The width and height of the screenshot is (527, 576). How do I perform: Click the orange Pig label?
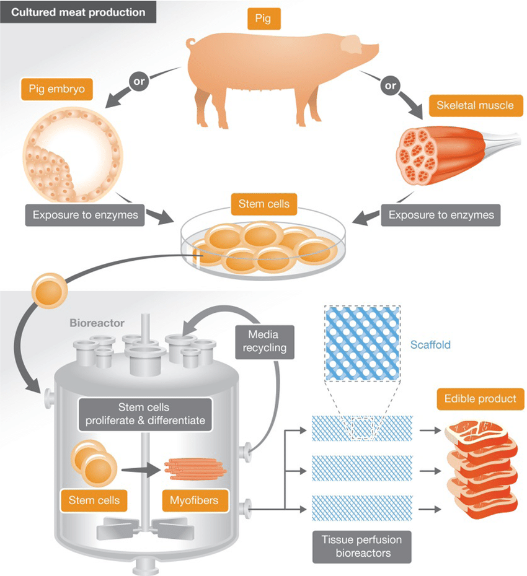click(x=263, y=20)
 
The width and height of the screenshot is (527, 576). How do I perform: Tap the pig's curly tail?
click(x=190, y=43)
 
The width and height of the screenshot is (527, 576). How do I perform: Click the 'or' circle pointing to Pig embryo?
click(x=138, y=81)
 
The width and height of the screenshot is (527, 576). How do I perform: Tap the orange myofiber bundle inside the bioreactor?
click(x=195, y=470)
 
